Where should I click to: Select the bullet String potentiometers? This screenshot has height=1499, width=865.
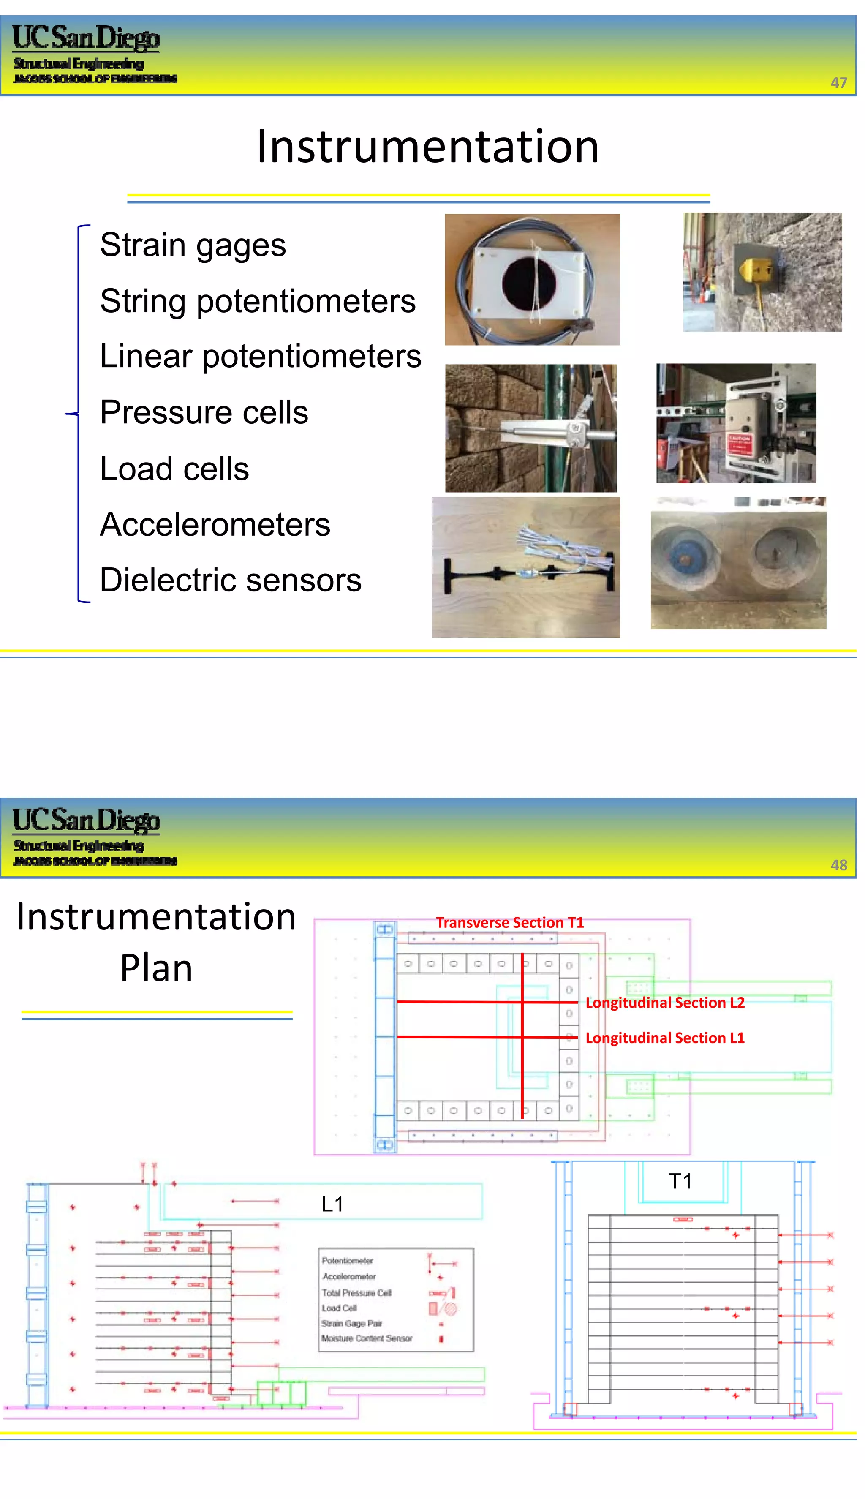pos(257,301)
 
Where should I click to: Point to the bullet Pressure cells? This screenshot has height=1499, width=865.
pos(204,412)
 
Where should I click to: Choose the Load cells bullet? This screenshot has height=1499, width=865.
pos(174,469)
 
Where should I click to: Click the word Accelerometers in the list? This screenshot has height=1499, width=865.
pos(215,525)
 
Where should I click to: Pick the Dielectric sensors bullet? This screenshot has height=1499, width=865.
pos(231,581)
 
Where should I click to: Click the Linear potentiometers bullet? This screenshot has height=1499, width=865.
pos(260,357)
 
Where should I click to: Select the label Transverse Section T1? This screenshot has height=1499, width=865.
pos(510,922)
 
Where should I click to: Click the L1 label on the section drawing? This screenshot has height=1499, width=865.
pos(332,1204)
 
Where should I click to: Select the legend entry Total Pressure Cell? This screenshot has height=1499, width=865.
pos(356,1293)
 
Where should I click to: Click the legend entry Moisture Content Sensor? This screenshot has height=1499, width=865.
pos(367,1338)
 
